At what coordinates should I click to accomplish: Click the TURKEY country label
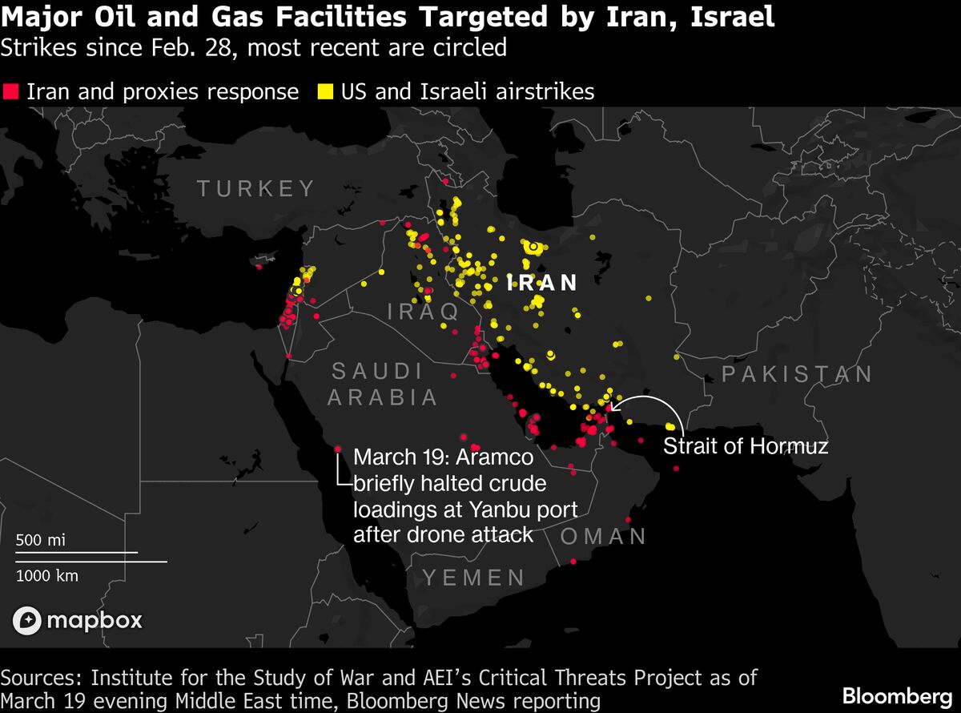click(x=256, y=189)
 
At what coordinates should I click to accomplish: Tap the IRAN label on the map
click(x=544, y=283)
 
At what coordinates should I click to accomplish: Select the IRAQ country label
click(x=424, y=311)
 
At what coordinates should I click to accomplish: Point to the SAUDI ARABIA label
click(x=383, y=384)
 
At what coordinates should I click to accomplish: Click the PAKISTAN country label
click(x=797, y=374)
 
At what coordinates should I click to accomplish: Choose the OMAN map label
click(x=604, y=536)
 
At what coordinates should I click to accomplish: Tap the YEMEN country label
click(x=474, y=577)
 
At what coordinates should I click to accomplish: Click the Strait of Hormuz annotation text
click(x=745, y=446)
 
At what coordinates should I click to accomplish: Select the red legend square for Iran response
click(x=10, y=91)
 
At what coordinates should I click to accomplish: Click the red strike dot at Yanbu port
click(x=338, y=449)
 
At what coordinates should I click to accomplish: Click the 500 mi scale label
click(x=41, y=540)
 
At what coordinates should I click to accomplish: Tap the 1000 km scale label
click(x=47, y=574)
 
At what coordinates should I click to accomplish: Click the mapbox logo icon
click(x=27, y=620)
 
